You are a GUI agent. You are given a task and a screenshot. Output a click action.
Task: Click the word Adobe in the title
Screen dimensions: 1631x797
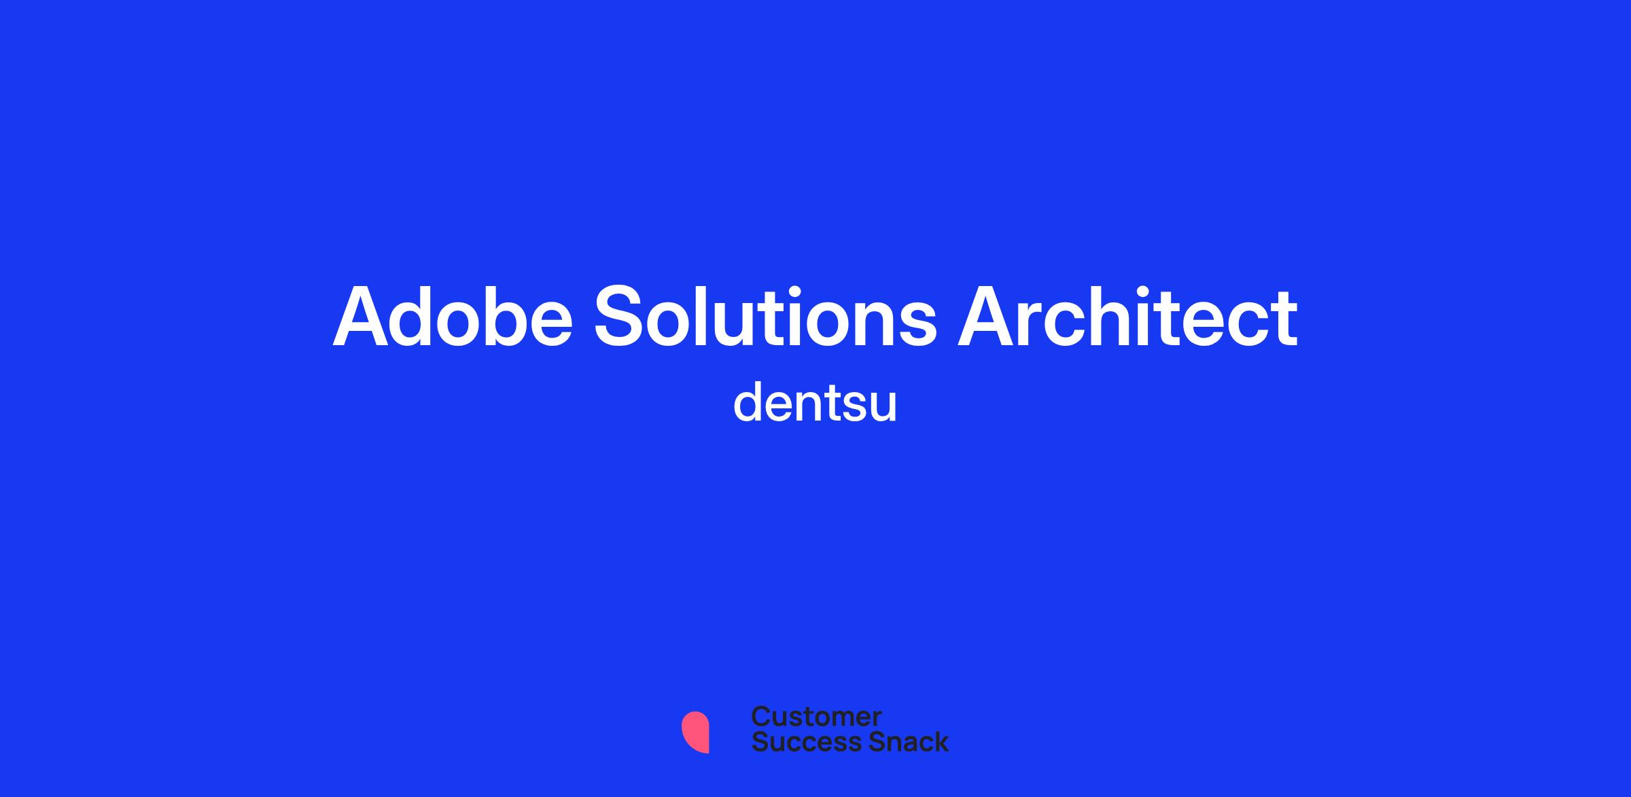pyautogui.click(x=453, y=317)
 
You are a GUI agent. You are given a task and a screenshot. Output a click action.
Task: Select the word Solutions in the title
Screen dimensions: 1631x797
pyautogui.click(x=766, y=317)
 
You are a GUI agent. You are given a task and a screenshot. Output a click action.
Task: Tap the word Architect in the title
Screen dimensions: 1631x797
pyautogui.click(x=1128, y=317)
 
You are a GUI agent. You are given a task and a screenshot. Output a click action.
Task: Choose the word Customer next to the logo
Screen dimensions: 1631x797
pyautogui.click(x=816, y=717)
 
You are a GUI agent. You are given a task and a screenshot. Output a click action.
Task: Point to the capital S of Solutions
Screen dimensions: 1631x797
pyautogui.click(x=621, y=317)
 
